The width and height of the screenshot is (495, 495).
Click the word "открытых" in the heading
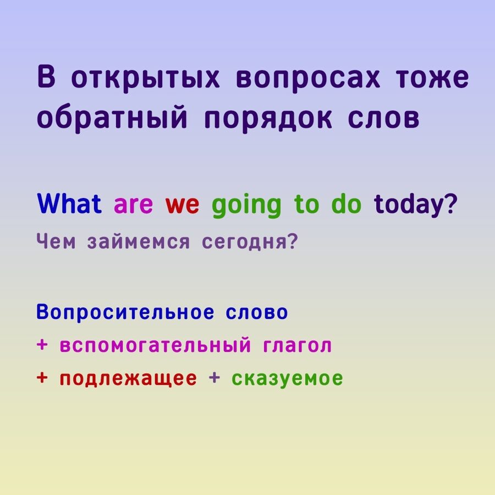(x=145, y=79)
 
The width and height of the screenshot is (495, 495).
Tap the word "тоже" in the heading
(x=432, y=78)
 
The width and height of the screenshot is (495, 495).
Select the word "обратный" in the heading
(x=112, y=118)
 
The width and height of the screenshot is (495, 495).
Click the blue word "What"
(x=69, y=204)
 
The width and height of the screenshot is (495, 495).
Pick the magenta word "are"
(x=133, y=205)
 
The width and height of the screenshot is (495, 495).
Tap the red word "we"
(x=182, y=205)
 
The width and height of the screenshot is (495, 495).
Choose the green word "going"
(x=246, y=205)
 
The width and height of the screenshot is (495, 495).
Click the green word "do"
(x=346, y=204)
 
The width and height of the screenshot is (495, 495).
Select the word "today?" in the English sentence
(x=415, y=205)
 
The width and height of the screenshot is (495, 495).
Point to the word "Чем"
(x=56, y=242)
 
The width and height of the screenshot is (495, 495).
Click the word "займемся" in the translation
(x=138, y=243)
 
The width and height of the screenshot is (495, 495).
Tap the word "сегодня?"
(x=250, y=243)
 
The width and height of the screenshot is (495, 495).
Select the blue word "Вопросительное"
(x=125, y=312)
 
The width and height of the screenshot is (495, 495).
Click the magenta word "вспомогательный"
(x=155, y=345)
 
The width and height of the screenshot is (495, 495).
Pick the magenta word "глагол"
(x=297, y=346)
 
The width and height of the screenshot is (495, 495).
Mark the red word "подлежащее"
(x=128, y=379)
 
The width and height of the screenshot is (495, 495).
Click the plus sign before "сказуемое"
(x=215, y=377)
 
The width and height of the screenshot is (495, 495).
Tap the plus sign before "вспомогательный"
(x=42, y=344)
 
